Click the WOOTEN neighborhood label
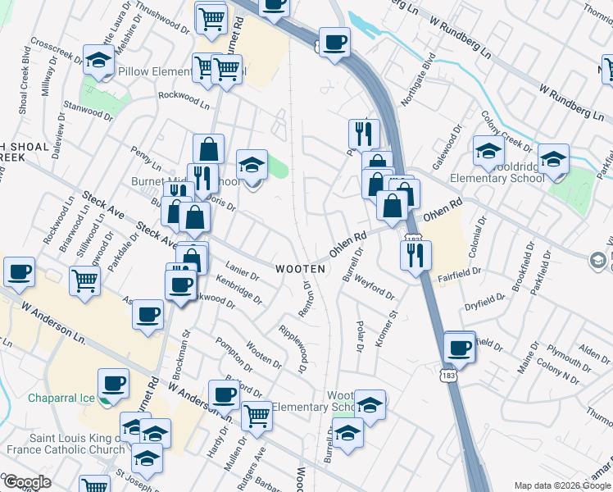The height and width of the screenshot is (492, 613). click(x=300, y=269)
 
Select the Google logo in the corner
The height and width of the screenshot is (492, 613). click(x=27, y=481)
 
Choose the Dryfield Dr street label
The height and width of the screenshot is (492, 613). click(x=482, y=304)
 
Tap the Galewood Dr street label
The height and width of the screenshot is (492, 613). click(x=447, y=148)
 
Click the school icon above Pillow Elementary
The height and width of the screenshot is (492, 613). click(x=99, y=61)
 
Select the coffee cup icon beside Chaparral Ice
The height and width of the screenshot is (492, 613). click(x=113, y=382)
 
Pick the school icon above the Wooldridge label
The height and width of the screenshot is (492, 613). click(x=488, y=151)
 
